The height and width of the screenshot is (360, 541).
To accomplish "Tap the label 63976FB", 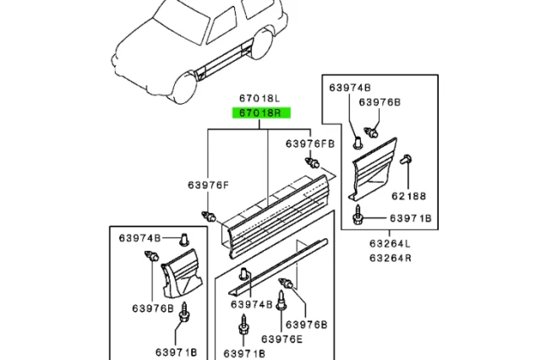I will click(x=309, y=144).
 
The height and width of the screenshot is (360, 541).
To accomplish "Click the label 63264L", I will click(x=389, y=243).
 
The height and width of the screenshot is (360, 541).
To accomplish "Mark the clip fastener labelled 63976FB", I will click(x=314, y=162).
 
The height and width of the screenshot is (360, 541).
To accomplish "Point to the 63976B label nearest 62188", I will click(x=380, y=102).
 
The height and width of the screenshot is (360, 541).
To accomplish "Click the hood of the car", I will click(x=139, y=42).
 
